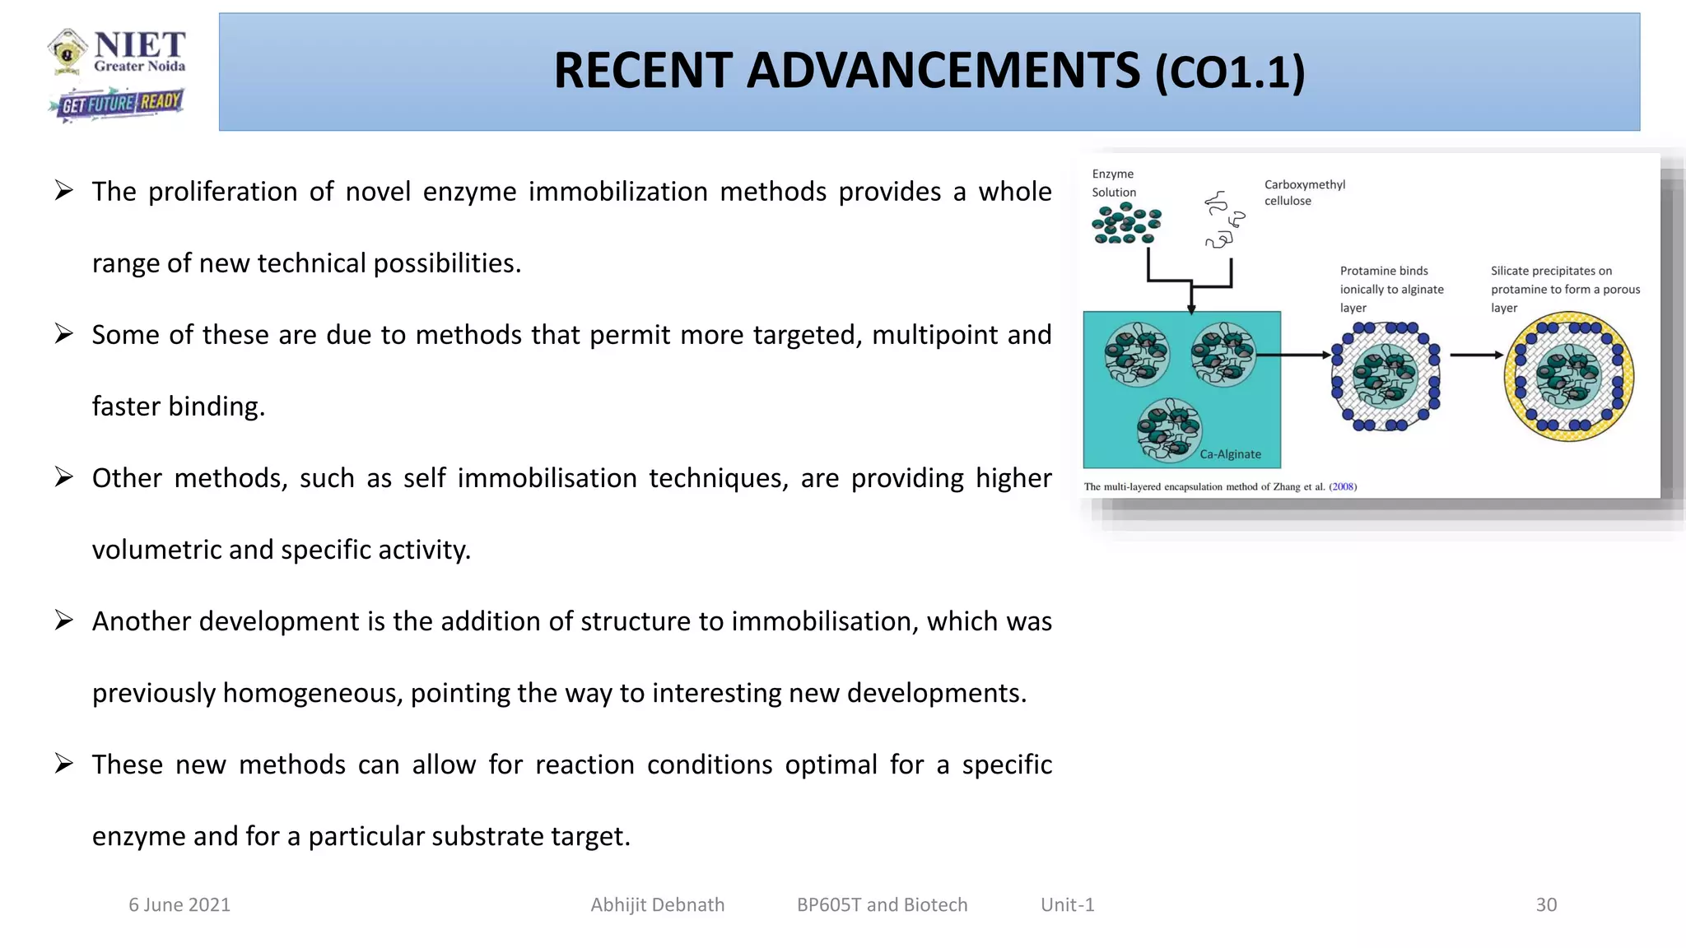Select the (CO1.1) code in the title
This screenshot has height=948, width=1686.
tap(1230, 73)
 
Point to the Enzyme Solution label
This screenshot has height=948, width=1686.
tap(1113, 183)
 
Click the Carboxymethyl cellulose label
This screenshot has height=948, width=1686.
tap(1304, 193)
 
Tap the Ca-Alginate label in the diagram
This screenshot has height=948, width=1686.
tap(1230, 454)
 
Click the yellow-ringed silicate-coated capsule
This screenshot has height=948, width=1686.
tap(1568, 377)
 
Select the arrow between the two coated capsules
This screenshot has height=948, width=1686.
tap(1476, 355)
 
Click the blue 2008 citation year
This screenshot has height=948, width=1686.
tap(1343, 486)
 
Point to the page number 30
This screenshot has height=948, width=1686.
tap(1546, 904)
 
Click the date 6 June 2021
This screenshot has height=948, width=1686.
tap(179, 904)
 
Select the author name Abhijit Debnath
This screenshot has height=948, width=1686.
tap(657, 904)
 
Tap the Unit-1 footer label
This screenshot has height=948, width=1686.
tap(1067, 904)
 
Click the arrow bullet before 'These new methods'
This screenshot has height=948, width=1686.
tap(64, 764)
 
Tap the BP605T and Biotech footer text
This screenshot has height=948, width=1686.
tap(882, 904)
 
